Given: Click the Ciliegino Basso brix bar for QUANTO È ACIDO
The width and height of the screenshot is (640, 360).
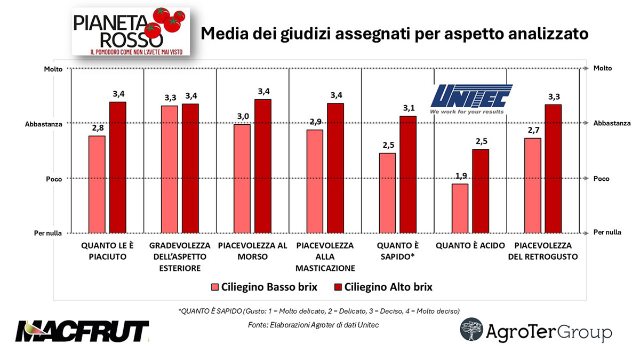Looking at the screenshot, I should pyautogui.click(x=460, y=209).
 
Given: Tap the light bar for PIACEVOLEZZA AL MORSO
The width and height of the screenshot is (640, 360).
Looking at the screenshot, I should pyautogui.click(x=242, y=179).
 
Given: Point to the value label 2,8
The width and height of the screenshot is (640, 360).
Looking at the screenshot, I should pyautogui.click(x=97, y=129).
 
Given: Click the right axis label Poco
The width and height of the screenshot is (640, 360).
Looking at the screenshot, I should pyautogui.click(x=602, y=179).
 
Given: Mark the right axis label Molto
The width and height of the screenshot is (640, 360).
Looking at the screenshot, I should pyautogui.click(x=603, y=68).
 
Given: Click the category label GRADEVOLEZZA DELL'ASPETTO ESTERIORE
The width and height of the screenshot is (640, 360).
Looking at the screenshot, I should pyautogui.click(x=180, y=257).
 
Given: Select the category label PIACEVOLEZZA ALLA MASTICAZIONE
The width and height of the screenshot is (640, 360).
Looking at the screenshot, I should pyautogui.click(x=325, y=257).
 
